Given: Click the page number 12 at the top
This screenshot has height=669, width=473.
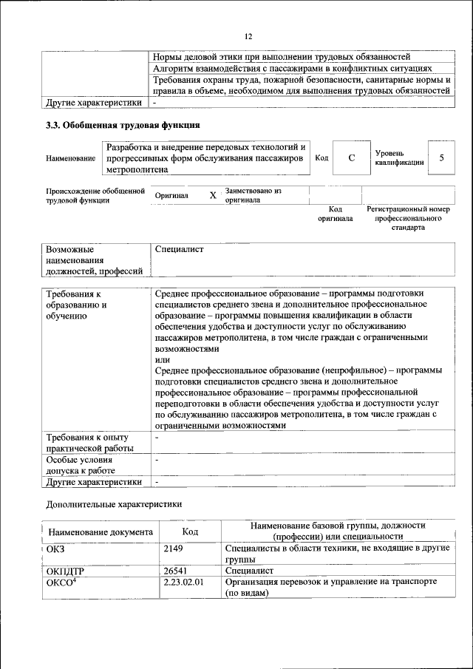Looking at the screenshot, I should click(x=248, y=36).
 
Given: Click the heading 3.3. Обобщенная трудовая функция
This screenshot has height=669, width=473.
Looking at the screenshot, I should click(x=123, y=125).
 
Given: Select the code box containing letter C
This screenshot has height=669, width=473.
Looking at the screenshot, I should click(x=352, y=158).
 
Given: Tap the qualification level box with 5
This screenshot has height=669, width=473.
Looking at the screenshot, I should click(x=441, y=158).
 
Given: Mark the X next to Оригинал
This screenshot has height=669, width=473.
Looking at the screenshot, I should click(x=213, y=196).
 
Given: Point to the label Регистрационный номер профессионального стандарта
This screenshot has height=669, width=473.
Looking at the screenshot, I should click(x=408, y=219).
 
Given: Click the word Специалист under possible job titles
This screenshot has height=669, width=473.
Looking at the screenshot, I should click(x=180, y=250).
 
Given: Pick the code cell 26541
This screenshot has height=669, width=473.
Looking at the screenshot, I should click(x=175, y=571).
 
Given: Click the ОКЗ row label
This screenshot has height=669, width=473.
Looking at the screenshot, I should click(x=56, y=549).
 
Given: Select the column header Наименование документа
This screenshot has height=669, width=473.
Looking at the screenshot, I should click(x=101, y=532).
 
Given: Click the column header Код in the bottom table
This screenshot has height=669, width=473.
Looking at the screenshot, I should click(x=190, y=532).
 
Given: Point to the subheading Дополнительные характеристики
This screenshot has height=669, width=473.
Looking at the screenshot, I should click(x=113, y=504).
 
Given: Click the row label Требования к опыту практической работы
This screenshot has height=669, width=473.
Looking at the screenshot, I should click(x=89, y=443).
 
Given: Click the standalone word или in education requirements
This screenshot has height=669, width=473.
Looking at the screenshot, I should click(x=163, y=359).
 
